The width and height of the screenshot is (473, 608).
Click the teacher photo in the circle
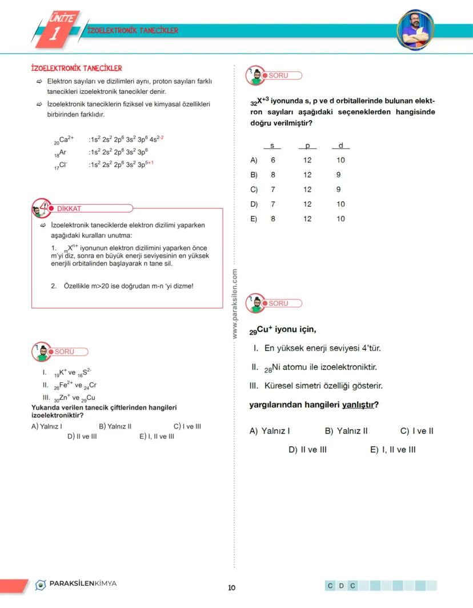415,29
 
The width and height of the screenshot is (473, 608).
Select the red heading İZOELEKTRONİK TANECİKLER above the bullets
76,69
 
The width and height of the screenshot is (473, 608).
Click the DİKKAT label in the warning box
69,209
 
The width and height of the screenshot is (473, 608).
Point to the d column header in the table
340,146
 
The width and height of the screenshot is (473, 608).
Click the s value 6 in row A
273,161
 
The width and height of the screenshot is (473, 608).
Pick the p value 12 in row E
307,219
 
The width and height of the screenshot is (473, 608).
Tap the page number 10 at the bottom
231,588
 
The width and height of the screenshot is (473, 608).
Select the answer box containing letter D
341,586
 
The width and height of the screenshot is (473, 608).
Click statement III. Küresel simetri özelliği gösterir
316,386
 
